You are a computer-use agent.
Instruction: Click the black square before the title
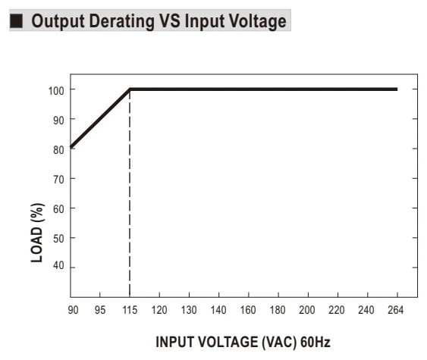(17, 21)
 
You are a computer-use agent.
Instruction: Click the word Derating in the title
(121, 21)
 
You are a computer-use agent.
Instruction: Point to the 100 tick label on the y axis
(56, 91)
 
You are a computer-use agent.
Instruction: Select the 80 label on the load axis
(58, 150)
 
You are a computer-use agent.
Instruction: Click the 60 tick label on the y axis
(58, 209)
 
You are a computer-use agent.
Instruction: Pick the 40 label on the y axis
(58, 265)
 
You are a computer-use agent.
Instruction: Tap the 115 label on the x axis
(130, 310)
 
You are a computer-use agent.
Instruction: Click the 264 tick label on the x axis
(395, 310)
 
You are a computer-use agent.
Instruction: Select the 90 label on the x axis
(73, 310)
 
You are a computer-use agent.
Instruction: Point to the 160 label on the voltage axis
(248, 310)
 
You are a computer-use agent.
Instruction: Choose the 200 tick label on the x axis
(307, 310)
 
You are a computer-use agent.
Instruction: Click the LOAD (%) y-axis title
(37, 233)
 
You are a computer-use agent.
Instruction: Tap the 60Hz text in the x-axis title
(316, 342)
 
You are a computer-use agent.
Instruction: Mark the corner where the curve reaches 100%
(130, 89)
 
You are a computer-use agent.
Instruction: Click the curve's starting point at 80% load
(71, 147)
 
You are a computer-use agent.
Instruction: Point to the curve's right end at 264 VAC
(397, 89)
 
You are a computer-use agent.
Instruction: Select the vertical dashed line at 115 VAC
(130, 193)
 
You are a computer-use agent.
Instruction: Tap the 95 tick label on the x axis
(100, 310)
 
